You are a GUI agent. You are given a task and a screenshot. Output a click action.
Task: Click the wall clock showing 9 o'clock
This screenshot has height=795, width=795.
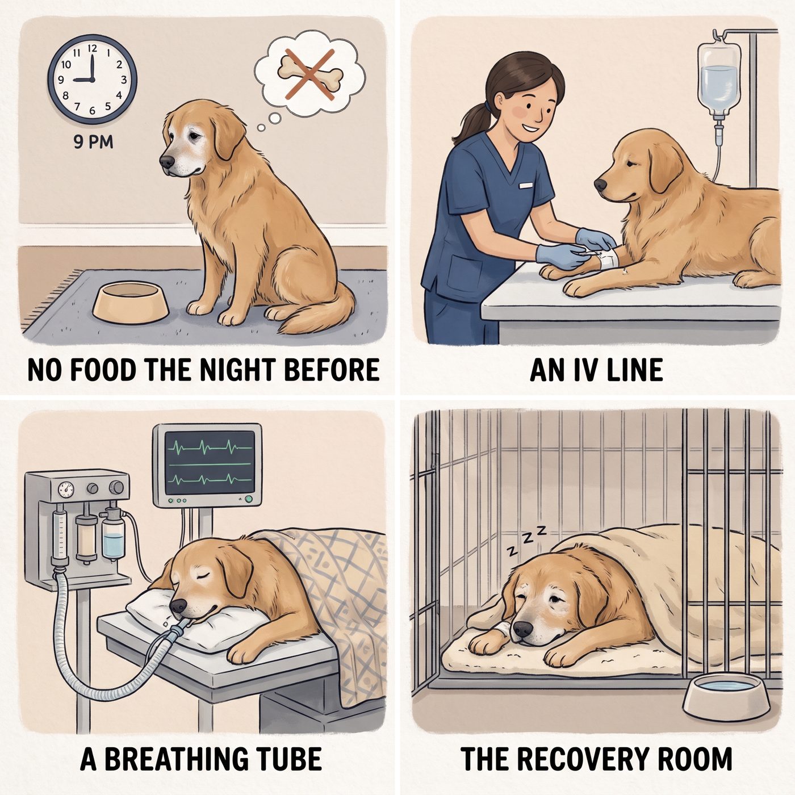92,79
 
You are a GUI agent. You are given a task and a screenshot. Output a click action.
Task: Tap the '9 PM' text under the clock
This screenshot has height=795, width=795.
93,142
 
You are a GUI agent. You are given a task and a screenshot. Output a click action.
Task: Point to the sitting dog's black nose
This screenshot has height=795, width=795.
167,161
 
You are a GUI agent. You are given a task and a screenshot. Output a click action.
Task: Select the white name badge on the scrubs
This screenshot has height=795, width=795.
525,185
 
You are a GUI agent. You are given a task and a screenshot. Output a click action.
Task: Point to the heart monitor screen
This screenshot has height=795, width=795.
209,463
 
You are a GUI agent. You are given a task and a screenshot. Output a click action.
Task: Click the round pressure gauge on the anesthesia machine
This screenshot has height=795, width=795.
66,489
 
